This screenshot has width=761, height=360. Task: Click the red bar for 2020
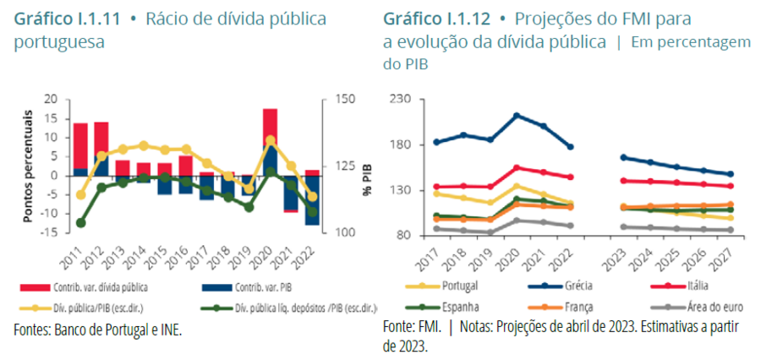pos(270,127)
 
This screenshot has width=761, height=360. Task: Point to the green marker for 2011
pos(81,223)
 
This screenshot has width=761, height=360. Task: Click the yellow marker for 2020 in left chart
pos(270,140)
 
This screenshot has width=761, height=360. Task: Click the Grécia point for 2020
pos(517,116)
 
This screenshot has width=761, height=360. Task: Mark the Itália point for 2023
pos(624,180)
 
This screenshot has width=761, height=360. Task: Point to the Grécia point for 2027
pos(731,174)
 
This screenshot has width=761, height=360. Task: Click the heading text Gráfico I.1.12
pos(431,19)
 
